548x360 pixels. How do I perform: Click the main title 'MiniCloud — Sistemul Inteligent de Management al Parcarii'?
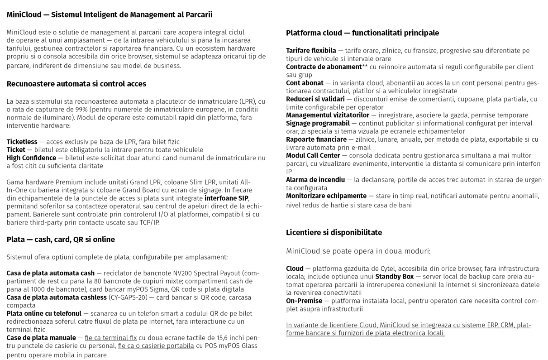point(109,14)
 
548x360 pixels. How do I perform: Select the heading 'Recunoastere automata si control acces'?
point(76,84)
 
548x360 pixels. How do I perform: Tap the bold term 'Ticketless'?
point(22,142)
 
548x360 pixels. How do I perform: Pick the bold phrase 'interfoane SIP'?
point(226,198)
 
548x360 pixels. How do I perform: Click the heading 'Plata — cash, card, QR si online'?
point(61,240)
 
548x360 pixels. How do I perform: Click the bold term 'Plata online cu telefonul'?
point(44,313)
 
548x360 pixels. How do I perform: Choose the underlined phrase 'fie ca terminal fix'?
point(110,338)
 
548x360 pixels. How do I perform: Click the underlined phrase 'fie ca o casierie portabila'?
point(156,346)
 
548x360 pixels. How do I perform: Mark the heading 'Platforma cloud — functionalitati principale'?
point(362,33)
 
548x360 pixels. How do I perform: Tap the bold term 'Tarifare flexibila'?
point(311,51)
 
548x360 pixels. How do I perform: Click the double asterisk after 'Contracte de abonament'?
point(364,66)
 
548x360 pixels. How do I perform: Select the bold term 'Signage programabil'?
point(318,123)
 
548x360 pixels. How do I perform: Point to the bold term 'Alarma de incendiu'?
point(315,180)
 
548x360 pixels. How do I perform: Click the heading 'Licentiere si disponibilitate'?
point(334,233)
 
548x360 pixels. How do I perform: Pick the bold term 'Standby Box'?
point(394,276)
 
